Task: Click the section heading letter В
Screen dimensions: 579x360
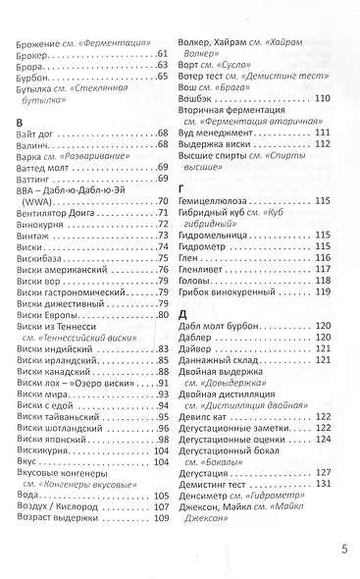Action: pyautogui.click(x=22, y=121)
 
